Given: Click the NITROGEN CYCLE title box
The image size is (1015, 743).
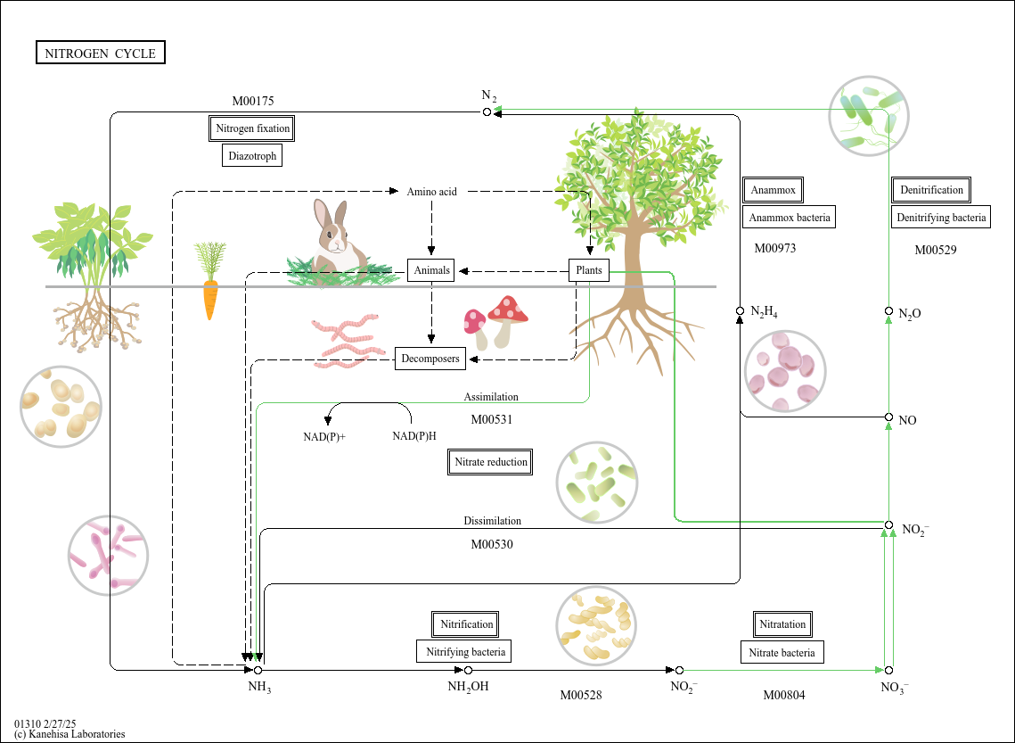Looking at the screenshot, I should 100,54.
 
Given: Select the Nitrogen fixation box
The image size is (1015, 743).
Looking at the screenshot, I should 252,128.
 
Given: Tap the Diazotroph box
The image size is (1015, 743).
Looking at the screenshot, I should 252,156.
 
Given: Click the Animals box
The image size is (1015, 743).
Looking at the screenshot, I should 431,270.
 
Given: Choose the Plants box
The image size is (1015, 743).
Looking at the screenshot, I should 589,270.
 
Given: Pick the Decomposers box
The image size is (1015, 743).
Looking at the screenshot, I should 430,359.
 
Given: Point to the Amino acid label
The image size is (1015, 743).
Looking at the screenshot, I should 431,192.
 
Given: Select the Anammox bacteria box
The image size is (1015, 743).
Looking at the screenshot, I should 789,217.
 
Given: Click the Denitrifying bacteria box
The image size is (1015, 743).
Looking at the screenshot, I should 942,217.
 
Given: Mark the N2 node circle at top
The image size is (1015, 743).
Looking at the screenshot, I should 487,111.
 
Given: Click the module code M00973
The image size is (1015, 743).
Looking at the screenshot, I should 774,248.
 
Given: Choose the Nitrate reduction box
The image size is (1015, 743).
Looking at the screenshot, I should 490,462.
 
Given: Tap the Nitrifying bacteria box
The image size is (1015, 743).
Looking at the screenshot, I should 465,652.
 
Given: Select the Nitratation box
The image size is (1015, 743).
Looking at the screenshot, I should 782,624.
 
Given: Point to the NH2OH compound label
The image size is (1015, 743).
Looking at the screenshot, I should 468,687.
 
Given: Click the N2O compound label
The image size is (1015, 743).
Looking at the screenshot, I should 910,313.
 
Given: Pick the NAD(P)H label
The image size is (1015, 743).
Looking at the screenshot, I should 414,436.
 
